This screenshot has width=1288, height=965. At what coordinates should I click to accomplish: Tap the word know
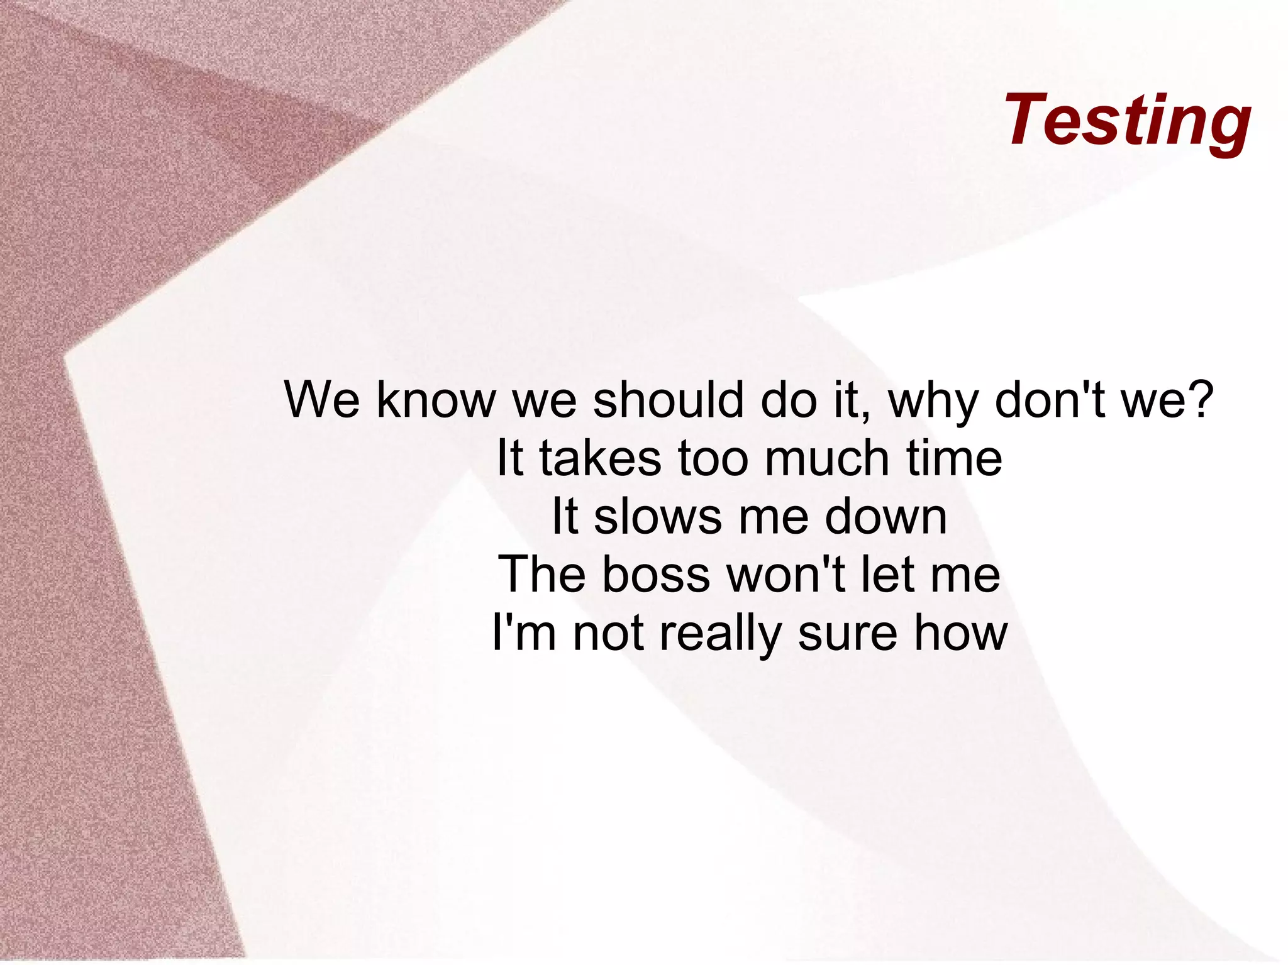point(436,400)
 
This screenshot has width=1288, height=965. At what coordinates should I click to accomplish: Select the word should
point(669,400)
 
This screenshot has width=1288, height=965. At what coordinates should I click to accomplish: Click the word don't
point(1050,400)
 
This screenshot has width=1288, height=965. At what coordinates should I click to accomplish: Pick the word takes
point(600,458)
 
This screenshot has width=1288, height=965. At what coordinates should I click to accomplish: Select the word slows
point(657,517)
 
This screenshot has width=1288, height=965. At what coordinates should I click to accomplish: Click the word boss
point(656,575)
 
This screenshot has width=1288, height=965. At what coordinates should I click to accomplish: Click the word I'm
point(524,633)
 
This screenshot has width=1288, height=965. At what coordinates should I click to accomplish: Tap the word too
point(713,458)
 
